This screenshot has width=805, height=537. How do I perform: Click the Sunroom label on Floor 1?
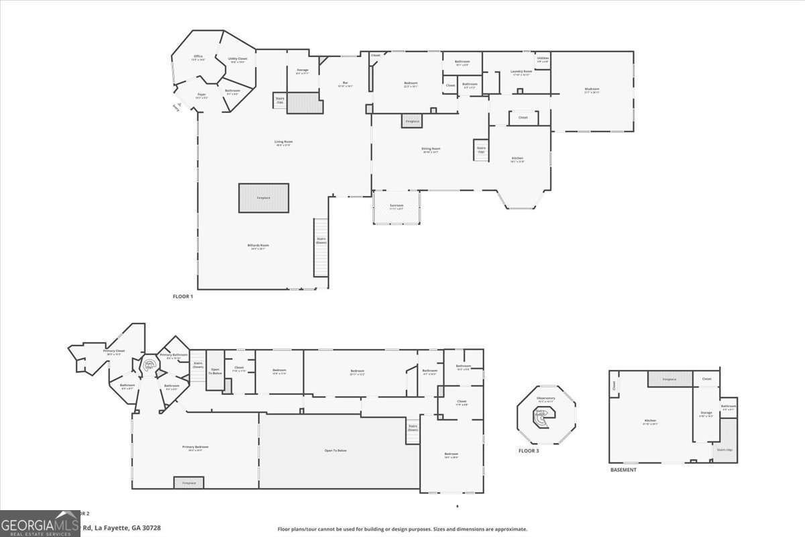[396, 206]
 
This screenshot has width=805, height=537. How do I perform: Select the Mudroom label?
[592, 89]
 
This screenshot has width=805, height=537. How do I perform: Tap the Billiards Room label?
[258, 246]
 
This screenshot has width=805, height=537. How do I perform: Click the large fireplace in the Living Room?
[264, 198]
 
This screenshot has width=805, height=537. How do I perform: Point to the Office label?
[198, 57]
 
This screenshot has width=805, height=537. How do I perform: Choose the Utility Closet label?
[237, 60]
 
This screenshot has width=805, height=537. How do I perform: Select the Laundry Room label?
[521, 72]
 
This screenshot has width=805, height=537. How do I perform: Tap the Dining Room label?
[431, 150]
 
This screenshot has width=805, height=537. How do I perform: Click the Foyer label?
[201, 96]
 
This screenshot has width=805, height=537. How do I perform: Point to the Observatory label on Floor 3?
[545, 399]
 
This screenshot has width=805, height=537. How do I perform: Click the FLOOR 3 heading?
[528, 451]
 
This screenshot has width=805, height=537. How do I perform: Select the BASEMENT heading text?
[623, 470]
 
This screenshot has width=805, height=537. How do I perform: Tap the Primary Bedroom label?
[195, 448]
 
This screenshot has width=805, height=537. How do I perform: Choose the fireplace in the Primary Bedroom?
[189, 482]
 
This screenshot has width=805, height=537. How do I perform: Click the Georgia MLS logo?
[40, 524]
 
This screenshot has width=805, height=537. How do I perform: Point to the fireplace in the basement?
[669, 379]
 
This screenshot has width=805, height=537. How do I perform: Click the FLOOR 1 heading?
[182, 296]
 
